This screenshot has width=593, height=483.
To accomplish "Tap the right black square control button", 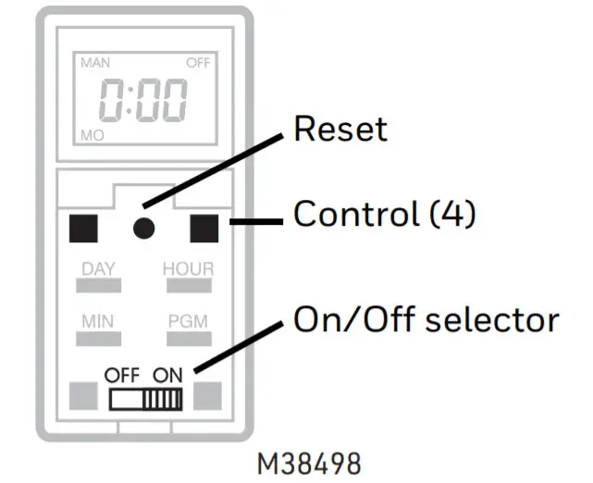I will pyautogui.click(x=205, y=225).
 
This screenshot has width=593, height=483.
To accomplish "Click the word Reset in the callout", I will pyautogui.click(x=340, y=130).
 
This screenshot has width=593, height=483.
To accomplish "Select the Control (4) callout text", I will pyautogui.click(x=384, y=216).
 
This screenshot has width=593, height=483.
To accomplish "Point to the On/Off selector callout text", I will pyautogui.click(x=426, y=319).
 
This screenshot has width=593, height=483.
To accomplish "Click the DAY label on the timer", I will pyautogui.click(x=98, y=269).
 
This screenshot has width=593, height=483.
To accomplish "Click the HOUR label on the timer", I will pyautogui.click(x=188, y=269).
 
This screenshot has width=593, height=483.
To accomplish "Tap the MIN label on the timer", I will pyautogui.click(x=98, y=322).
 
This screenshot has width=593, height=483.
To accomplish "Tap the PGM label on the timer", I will pyautogui.click(x=188, y=322).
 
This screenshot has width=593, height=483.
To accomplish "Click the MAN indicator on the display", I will pyautogui.click(x=94, y=63).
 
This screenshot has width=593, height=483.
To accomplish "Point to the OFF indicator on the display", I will pyautogui.click(x=198, y=63).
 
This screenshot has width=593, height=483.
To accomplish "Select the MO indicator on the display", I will pyautogui.click(x=92, y=136).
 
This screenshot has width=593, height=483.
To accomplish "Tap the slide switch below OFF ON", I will pyautogui.click(x=146, y=400).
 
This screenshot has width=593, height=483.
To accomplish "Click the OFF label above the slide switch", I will pyautogui.click(x=120, y=377).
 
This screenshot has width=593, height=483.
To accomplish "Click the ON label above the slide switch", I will pyautogui.click(x=168, y=377).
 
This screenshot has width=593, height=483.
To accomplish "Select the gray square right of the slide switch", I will pyautogui.click(x=205, y=396).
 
